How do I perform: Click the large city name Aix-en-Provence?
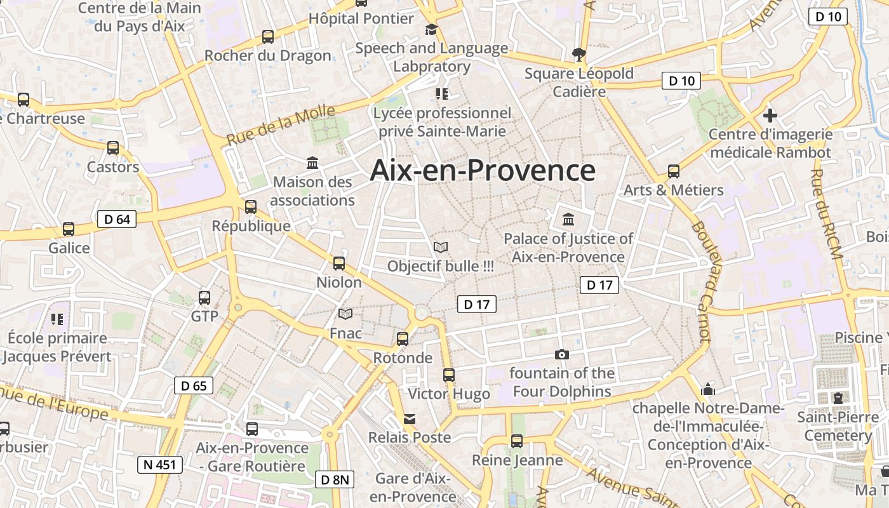[x=483, y=170]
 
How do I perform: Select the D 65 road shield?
[x=194, y=385]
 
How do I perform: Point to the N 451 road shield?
[x=160, y=464]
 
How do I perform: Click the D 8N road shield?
[x=334, y=479]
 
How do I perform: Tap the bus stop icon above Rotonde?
[x=402, y=339]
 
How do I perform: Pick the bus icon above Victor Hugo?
[x=449, y=375]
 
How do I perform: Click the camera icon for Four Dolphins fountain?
[x=561, y=354]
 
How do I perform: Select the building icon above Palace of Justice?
[x=568, y=220]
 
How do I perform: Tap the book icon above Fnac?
[x=345, y=314]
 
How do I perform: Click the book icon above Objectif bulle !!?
[x=440, y=247]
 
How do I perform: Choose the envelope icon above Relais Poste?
[x=410, y=418]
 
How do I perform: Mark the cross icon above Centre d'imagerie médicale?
[x=770, y=116]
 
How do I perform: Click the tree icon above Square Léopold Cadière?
[x=578, y=55]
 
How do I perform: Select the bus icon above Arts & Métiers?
[x=673, y=171]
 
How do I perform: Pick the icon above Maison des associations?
[x=312, y=163]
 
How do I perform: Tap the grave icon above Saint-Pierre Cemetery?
[x=838, y=398]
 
